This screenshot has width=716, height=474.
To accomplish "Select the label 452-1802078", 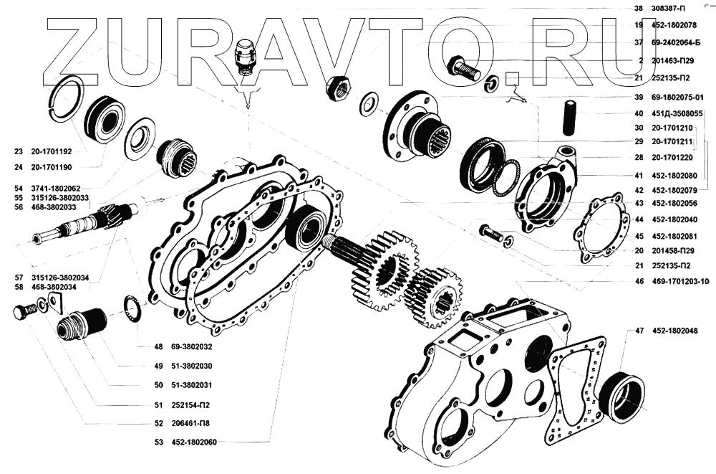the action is click(x=676, y=26).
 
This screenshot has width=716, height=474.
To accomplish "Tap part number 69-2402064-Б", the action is click(x=679, y=43).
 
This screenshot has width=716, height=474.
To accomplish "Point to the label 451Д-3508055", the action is click(x=679, y=113).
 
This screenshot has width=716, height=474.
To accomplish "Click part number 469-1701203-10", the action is click(x=680, y=283).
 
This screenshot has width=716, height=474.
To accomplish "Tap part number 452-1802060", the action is click(x=197, y=441).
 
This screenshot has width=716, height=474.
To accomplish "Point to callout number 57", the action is click(x=17, y=277).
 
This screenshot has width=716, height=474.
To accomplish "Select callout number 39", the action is click(x=638, y=96).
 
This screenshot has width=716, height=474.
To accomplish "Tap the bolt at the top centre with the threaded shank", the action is click(x=465, y=70).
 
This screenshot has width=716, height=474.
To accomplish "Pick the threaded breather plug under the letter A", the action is click(x=246, y=55).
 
